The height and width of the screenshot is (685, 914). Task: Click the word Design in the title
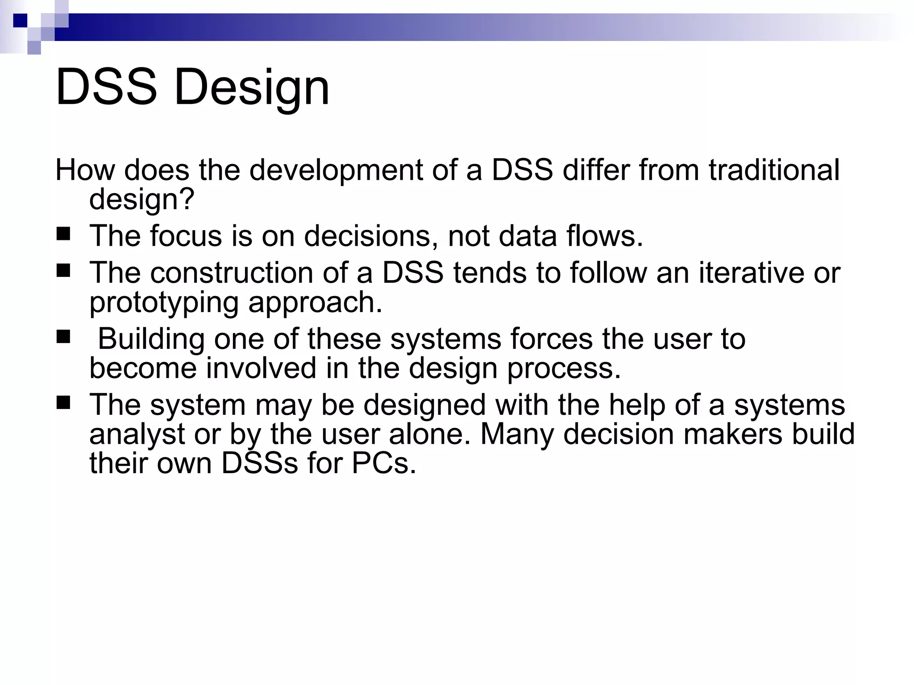[252, 87]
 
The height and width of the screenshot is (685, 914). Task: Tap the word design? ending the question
[142, 199]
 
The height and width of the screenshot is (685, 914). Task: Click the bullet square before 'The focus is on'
[63, 234]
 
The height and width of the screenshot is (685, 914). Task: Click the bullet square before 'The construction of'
[63, 271]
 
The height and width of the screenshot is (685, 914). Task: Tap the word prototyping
[164, 303]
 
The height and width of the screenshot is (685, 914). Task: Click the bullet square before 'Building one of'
[63, 337]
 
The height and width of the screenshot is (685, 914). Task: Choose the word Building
[151, 339]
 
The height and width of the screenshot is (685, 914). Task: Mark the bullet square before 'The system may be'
[63, 403]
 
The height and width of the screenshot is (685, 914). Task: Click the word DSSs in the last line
[259, 463]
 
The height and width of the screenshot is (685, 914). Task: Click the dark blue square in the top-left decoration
[20, 21]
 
